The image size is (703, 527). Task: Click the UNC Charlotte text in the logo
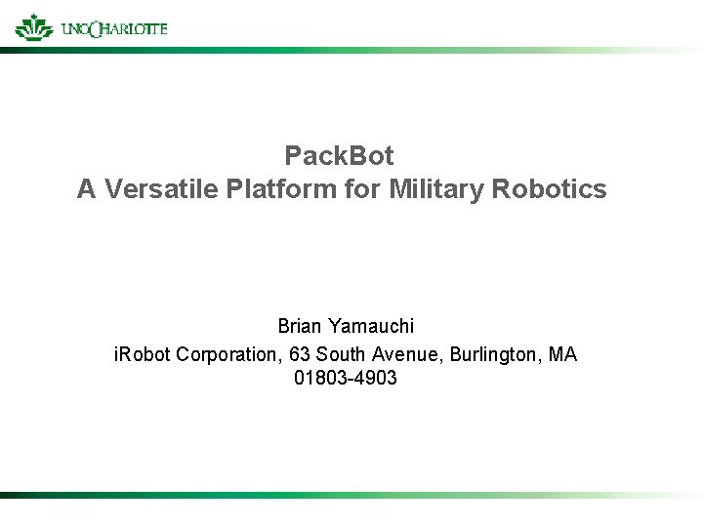[113, 28]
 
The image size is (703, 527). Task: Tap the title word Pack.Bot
[339, 155]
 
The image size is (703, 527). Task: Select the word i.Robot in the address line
[143, 353]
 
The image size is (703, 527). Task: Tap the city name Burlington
[494, 353]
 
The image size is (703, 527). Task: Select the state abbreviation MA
[563, 353]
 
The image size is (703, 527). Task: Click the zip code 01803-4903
[345, 379]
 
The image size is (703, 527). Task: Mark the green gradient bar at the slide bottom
[351, 496]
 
